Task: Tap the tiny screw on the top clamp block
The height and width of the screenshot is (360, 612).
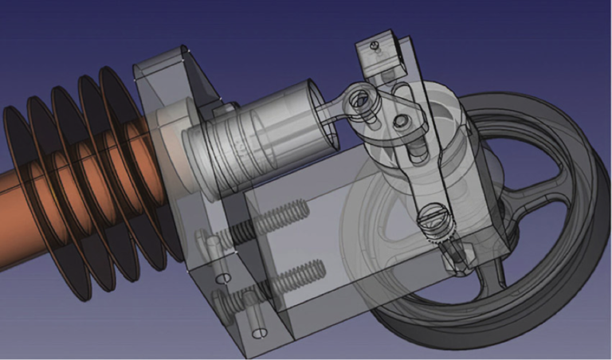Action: tap(375, 49)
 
